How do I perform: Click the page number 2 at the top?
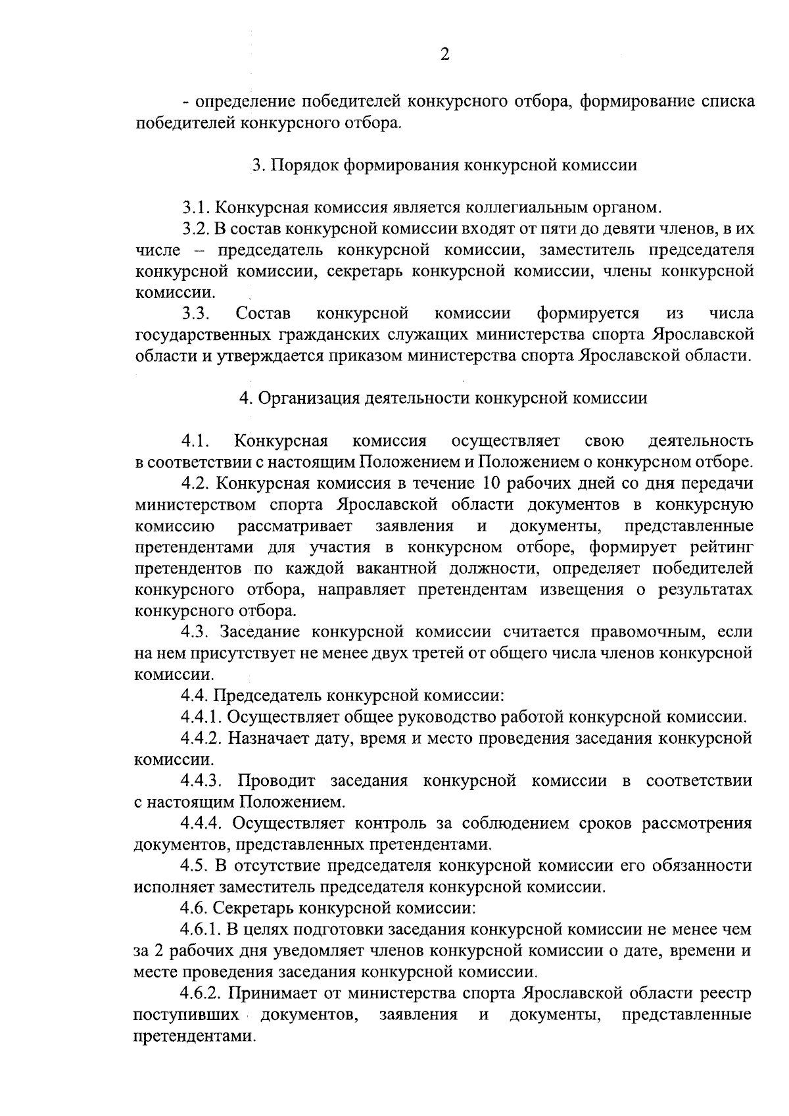444,55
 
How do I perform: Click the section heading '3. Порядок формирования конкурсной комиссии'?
444,165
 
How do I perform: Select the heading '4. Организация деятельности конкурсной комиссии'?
443,398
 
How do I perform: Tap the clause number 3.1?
196,208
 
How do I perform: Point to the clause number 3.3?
196,312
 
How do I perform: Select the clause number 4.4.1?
201,716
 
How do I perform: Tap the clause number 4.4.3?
202,781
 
